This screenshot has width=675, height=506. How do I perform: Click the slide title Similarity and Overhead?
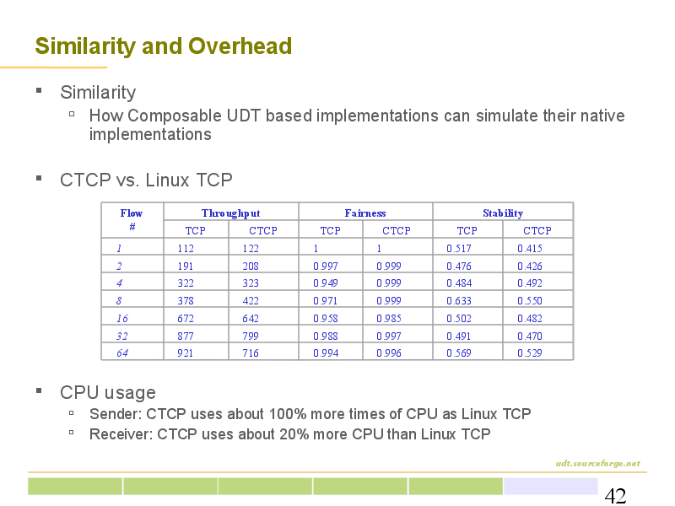164,46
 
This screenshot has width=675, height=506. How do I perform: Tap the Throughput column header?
230,213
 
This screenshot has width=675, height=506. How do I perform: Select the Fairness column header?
365,213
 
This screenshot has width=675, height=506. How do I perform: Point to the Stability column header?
503,213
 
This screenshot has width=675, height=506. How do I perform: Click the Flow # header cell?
132,219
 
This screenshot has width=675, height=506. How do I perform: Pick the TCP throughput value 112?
186,248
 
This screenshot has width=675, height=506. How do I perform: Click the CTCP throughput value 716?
251,353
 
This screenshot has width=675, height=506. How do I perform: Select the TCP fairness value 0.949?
326,283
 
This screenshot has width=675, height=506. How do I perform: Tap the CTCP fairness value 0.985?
389,319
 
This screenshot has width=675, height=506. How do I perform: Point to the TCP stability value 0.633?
459,301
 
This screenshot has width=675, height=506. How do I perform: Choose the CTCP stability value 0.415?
530,248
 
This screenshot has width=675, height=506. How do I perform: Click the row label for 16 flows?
122,319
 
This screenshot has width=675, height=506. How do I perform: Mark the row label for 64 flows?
122,353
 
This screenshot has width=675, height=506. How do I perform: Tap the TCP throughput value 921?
186,353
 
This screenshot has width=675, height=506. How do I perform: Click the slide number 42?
615,496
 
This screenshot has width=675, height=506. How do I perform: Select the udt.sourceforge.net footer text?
597,463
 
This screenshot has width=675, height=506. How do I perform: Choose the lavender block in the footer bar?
551,487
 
